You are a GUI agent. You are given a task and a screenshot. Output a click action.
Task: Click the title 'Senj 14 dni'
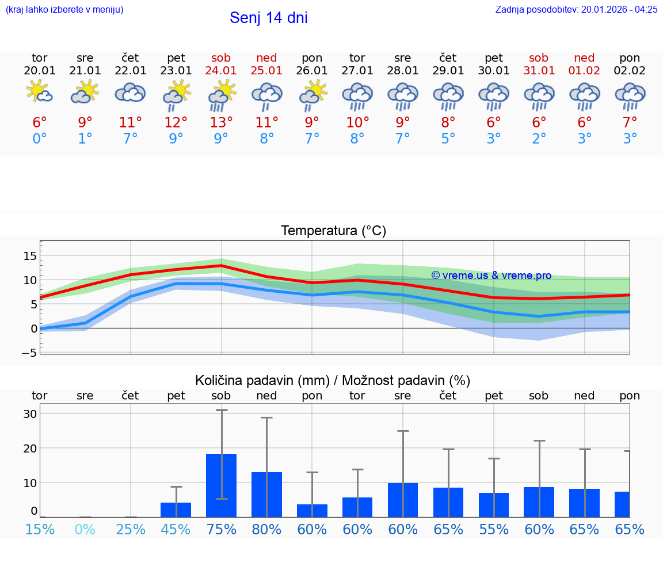(268, 18)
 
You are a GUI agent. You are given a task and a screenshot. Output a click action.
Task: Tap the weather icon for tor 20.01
(40, 92)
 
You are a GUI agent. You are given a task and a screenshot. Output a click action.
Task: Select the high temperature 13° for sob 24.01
(221, 123)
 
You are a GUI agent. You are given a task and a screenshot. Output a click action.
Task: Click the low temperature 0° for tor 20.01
(40, 139)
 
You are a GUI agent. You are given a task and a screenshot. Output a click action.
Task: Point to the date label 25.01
(266, 71)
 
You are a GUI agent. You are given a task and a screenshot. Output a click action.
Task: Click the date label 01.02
(585, 71)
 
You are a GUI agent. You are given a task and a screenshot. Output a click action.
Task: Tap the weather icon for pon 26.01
(313, 95)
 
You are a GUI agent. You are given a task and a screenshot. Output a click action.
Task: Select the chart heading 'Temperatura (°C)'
(333, 231)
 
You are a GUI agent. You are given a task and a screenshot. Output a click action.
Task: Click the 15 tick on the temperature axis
(30, 256)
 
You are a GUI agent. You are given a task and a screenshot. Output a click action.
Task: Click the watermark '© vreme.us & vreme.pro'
(491, 276)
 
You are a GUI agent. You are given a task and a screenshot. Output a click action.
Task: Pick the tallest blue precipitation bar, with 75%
(222, 485)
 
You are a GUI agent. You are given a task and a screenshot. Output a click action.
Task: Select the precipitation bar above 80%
(266, 495)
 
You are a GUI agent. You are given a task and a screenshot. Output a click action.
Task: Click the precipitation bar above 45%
(176, 510)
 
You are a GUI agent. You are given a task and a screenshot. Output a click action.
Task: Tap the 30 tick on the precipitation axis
(30, 414)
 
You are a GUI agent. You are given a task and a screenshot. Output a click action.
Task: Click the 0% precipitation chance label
(85, 529)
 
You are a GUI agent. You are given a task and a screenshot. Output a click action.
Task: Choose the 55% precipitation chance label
(494, 529)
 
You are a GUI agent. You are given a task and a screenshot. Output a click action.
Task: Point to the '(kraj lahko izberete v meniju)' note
(64, 9)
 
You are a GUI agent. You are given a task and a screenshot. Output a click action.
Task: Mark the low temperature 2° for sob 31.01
(539, 139)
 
